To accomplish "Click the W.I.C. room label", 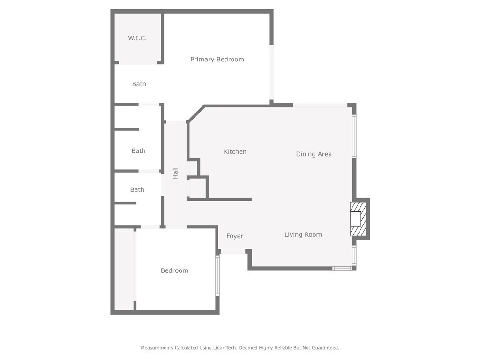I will tap(137, 38).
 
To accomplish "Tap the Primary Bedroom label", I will tap(217, 60).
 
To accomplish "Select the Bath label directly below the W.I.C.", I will tap(139, 84).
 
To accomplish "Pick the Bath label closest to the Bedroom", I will tap(137, 190).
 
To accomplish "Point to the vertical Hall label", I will tap(176, 173).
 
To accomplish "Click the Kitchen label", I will tap(235, 151).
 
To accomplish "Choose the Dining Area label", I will tap(314, 154).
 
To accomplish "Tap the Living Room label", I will tap(303, 234).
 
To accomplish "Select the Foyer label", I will tap(235, 236).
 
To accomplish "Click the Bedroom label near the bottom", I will tap(174, 270).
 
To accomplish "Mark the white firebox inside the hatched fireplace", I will tap(355, 219).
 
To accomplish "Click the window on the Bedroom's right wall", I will tap(217, 275).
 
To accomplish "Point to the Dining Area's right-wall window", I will tap(354, 136).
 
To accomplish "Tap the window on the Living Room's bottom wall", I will tap(342, 269).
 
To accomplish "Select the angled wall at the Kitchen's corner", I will tap(196, 113).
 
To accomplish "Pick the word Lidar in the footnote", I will tap(224, 348).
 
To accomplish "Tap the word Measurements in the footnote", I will tap(157, 348).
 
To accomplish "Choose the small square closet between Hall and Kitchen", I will tap(197, 187).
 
